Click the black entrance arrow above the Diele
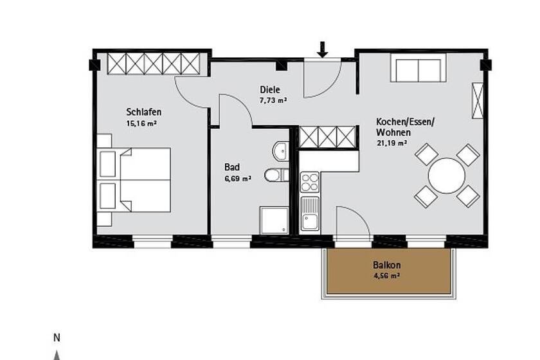(x=322, y=50)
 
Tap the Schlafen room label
(x=144, y=112)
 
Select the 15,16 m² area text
(x=142, y=123)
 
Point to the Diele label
(x=270, y=90)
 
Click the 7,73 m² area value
(x=273, y=100)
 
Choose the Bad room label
(x=232, y=167)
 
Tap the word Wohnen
(x=393, y=132)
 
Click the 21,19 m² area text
(x=393, y=143)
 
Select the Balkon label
(x=387, y=265)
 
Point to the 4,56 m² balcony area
(x=387, y=276)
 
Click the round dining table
(x=447, y=175)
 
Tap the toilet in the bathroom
(x=276, y=175)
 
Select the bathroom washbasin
(x=281, y=150)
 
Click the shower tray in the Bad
(x=274, y=221)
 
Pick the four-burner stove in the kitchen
(x=310, y=182)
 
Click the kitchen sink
(x=310, y=213)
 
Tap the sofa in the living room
(x=419, y=67)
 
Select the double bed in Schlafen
(x=134, y=180)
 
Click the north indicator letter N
(x=57, y=338)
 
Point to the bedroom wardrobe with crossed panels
(x=154, y=64)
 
